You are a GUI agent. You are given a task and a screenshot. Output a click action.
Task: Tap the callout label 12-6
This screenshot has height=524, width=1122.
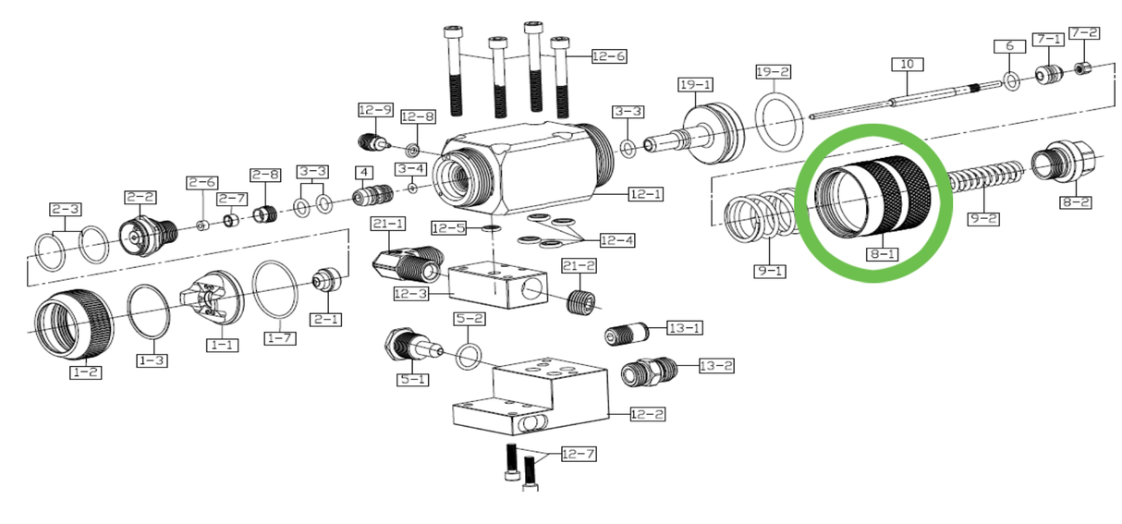pyautogui.click(x=609, y=56)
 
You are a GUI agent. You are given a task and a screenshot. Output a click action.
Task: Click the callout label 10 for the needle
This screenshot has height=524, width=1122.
pyautogui.click(x=907, y=64)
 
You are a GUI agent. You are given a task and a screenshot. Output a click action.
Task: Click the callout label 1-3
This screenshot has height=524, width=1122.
pyautogui.click(x=152, y=359)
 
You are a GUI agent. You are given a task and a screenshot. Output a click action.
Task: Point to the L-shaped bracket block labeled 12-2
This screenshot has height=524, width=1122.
pyautogui.click(x=531, y=397)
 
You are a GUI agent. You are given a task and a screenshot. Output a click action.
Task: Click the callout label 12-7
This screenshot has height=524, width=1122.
pyautogui.click(x=579, y=454)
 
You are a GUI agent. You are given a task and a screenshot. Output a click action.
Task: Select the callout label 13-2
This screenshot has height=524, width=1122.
pyautogui.click(x=716, y=366)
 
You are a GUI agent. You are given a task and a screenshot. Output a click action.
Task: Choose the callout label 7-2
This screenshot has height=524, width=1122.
pyautogui.click(x=1084, y=33)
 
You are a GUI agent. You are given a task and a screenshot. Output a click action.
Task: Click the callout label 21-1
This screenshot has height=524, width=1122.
pyautogui.click(x=388, y=224)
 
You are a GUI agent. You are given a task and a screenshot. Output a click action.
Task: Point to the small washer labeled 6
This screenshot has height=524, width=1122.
pyautogui.click(x=1011, y=82)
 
